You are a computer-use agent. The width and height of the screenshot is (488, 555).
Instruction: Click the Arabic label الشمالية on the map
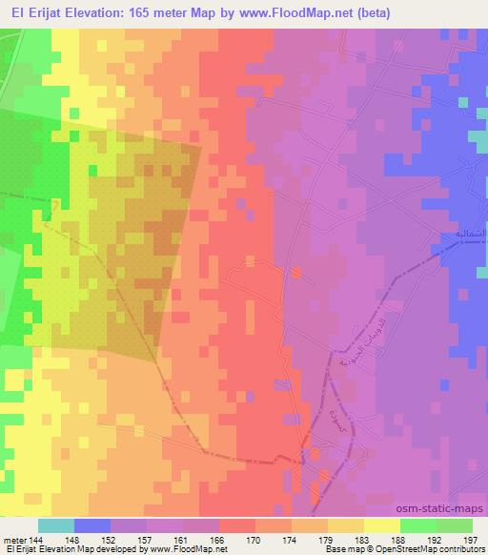461,234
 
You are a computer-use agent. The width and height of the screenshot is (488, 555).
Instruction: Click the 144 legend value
37,540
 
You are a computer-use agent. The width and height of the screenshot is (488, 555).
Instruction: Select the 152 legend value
110,540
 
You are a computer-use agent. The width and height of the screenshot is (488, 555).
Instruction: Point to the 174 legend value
292,540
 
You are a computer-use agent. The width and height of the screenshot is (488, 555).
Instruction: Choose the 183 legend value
364,540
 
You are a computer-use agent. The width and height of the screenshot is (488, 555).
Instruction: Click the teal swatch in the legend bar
55,526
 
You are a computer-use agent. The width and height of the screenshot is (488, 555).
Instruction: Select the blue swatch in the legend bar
91,526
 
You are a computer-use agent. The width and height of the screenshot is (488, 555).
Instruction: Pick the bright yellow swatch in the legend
381,526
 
